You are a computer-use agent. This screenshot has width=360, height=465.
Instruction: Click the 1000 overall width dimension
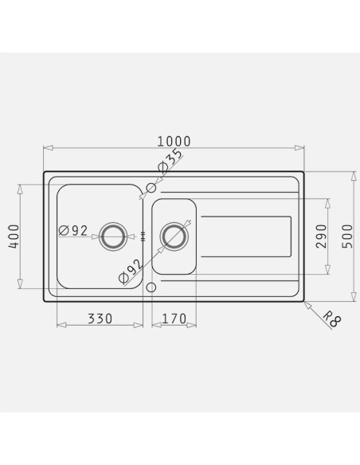pyautogui.click(x=174, y=142)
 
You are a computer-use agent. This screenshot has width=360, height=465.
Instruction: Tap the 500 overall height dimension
pyautogui.click(x=347, y=236)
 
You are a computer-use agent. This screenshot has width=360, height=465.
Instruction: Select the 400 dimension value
pyautogui.click(x=14, y=236)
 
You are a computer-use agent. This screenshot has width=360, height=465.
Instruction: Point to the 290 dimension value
pyautogui.click(x=321, y=236)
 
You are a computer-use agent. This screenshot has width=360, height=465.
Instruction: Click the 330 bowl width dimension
pyautogui.click(x=100, y=318)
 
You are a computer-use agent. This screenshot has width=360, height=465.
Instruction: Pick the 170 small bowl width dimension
pyautogui.click(x=174, y=318)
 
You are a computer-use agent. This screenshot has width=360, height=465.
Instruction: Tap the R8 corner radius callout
pyautogui.click(x=332, y=319)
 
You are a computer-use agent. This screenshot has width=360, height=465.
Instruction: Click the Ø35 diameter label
pyautogui.click(x=170, y=160)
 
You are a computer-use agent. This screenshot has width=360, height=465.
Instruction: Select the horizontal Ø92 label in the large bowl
pyautogui.click(x=73, y=230)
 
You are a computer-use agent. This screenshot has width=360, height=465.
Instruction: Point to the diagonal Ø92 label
pyautogui.click(x=131, y=272)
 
